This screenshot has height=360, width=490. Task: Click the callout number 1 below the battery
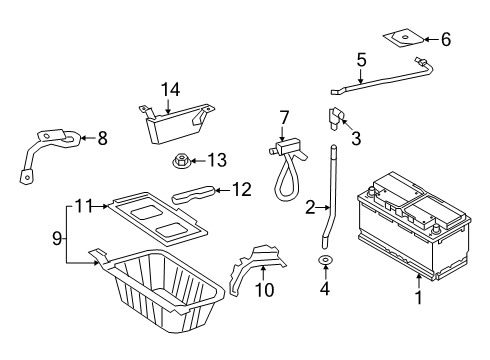tap(419, 297)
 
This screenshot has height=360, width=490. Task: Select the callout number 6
tap(446, 39)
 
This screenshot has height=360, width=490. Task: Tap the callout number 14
tap(171, 90)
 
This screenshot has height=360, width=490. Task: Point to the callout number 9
tap(57, 238)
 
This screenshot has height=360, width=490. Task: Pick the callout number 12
tap(242, 189)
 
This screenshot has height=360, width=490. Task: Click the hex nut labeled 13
tap(181, 160)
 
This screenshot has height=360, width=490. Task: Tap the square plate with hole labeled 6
tap(404, 38)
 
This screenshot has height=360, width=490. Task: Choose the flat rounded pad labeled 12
tap(194, 194)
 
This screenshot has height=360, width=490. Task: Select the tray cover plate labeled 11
tap(158, 218)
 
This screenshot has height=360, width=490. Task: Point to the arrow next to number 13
tap(198, 161)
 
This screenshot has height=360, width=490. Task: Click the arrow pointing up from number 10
tap(263, 272)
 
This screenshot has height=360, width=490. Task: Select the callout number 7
tap(284, 118)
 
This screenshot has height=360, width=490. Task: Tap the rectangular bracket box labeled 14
tap(177, 123)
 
